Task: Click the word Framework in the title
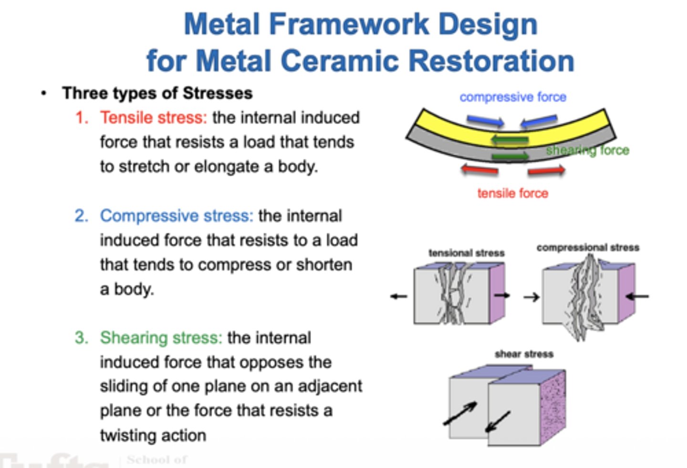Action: (349, 24)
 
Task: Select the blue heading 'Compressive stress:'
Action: (177, 216)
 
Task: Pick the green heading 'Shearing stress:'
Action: (161, 338)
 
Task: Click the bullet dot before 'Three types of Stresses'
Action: (44, 93)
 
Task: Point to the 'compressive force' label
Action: (513, 97)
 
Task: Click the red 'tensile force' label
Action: (513, 193)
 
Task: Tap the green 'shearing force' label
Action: (588, 151)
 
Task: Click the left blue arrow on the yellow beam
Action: (486, 121)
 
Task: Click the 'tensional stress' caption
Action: (467, 253)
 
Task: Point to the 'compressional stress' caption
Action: (588, 247)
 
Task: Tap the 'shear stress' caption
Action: (524, 354)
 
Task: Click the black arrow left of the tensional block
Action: (399, 296)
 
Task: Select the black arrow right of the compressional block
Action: (637, 296)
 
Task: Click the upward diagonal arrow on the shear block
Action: (460, 413)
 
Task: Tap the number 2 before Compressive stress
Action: (81, 216)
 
